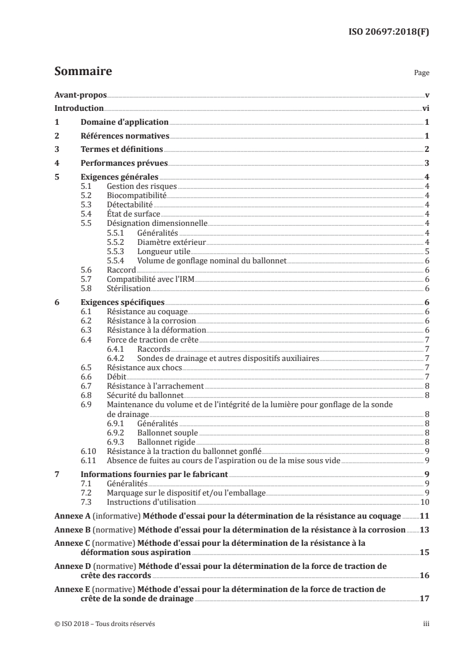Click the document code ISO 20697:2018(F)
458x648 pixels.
click(x=390, y=32)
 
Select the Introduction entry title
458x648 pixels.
click(x=79, y=108)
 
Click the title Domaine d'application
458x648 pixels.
click(x=124, y=122)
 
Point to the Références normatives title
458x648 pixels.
click(x=124, y=136)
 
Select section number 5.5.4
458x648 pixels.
click(x=116, y=260)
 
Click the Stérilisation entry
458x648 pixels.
click(x=129, y=288)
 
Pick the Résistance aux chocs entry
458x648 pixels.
click(x=140, y=367)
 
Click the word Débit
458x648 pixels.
click(x=116, y=376)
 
